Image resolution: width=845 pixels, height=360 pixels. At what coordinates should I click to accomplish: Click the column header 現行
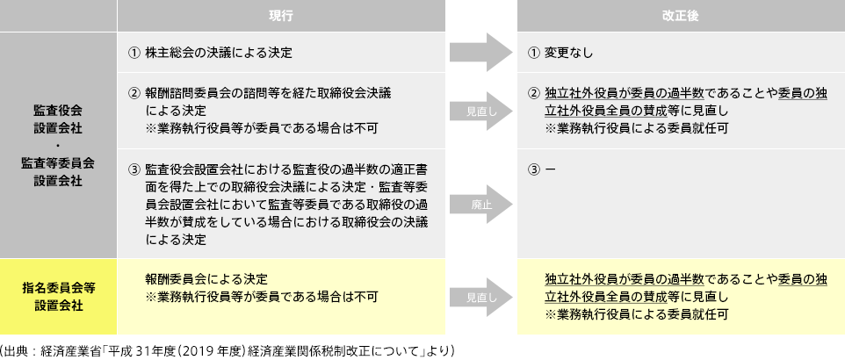[x=280, y=16]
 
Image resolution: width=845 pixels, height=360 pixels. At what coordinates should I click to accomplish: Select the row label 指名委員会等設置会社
[x=57, y=296]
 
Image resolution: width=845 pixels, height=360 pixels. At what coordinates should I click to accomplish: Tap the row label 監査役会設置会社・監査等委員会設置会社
[x=57, y=145]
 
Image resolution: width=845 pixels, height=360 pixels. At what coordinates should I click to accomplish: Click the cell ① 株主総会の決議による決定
[x=210, y=53]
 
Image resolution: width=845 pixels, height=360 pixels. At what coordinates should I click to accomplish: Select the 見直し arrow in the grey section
[x=479, y=111]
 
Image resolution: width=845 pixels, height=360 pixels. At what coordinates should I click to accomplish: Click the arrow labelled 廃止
[x=479, y=203]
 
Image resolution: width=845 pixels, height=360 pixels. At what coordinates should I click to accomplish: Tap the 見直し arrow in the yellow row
[x=479, y=297]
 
